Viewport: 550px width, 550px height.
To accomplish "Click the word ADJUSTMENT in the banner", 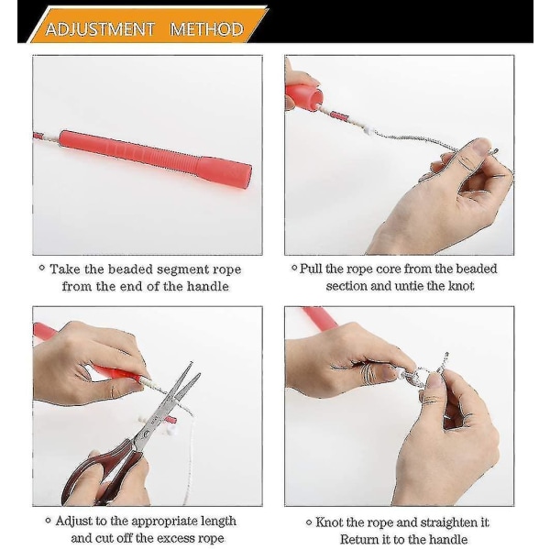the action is pos(100,29).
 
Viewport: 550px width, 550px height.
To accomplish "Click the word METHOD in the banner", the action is pos(206,29).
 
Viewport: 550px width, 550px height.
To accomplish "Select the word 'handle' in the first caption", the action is pos(207,286).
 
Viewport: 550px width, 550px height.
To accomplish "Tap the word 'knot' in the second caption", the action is pos(461,286).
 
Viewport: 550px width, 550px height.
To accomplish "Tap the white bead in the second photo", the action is pos(368,131).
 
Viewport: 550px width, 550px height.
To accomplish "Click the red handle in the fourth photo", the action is pos(320,318).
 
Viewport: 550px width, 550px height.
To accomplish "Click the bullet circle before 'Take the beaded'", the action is pos(42,269).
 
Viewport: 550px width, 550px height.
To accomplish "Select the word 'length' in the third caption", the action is pos(218,522).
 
